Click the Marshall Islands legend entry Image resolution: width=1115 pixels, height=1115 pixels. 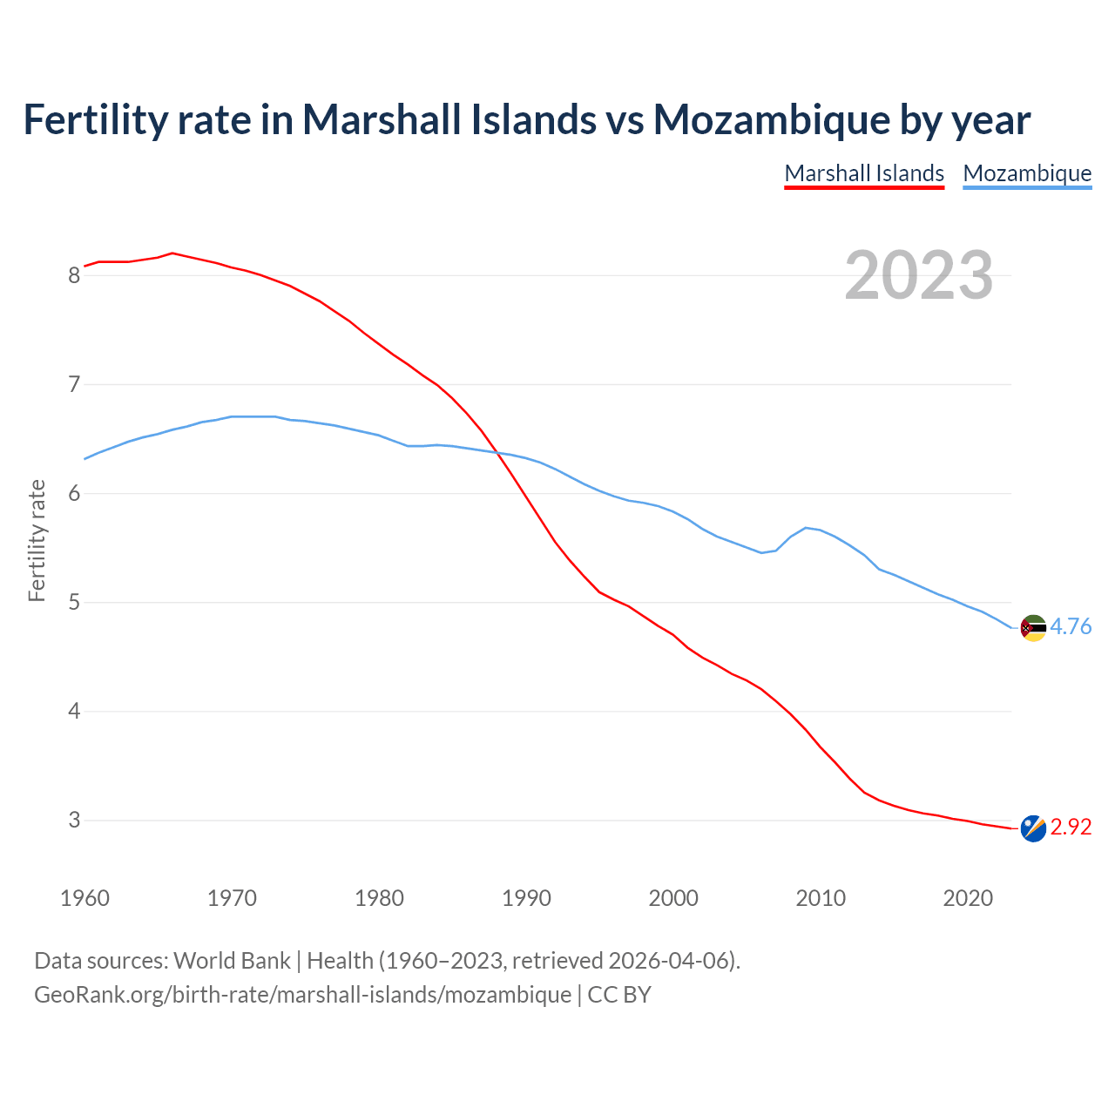[864, 173]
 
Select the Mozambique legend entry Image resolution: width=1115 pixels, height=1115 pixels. [1027, 173]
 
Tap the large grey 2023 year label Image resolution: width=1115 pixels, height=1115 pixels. [919, 275]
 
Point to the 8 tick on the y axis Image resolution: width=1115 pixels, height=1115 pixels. [74, 276]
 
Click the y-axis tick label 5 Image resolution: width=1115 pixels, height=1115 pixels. [74, 603]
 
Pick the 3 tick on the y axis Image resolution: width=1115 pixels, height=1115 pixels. [74, 821]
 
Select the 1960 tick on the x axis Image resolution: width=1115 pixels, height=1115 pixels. [84, 898]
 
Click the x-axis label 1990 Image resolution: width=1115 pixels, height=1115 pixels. [526, 898]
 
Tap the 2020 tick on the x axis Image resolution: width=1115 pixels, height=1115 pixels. [968, 898]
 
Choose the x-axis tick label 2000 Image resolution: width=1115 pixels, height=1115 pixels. [673, 898]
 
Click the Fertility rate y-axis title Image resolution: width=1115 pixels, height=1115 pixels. [37, 540]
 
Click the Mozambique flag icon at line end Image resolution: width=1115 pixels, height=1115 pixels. [1032, 627]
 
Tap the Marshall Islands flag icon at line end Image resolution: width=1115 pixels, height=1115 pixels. [1032, 828]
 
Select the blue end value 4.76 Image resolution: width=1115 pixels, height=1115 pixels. [1071, 627]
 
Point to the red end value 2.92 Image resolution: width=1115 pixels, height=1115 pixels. [1071, 828]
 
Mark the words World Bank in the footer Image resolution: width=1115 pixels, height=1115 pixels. [232, 961]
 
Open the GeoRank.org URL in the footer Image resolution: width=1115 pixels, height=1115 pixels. [302, 995]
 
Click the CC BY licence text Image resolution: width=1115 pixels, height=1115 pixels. [619, 995]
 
